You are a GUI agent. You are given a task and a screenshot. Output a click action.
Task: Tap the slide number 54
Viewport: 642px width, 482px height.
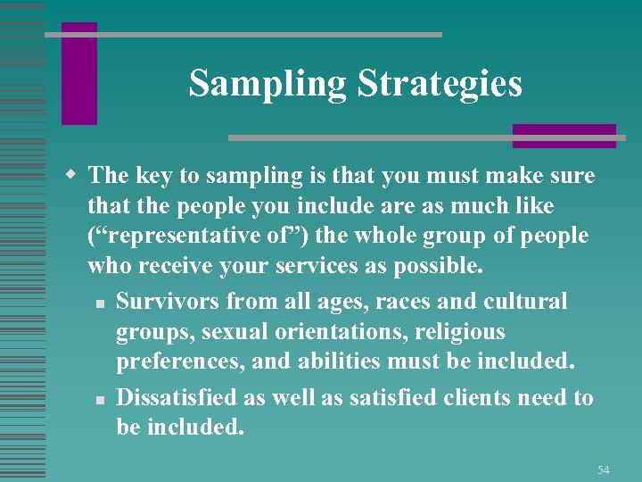point(604,469)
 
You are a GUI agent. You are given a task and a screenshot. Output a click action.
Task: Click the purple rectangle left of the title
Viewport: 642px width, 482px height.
point(78,73)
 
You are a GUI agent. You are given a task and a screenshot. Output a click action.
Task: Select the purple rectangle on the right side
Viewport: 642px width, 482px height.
point(564,136)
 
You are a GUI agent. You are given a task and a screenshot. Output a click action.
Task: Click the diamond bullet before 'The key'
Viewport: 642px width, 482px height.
point(77,176)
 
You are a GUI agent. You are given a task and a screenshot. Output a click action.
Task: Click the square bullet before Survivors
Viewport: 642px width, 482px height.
point(104,303)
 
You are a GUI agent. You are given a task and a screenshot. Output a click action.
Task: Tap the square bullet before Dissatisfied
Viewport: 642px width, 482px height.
point(104,398)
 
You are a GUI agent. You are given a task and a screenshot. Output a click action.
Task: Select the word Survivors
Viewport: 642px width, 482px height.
point(168,302)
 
